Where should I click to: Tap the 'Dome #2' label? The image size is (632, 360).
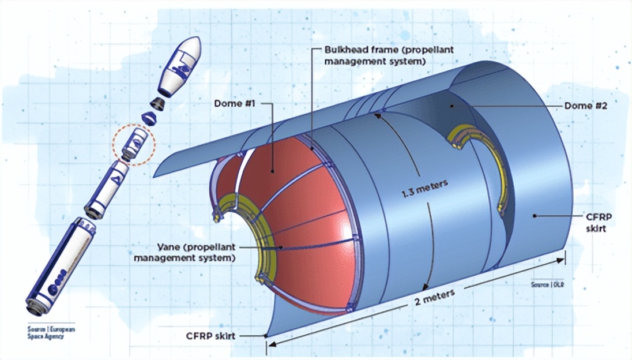[x=579, y=106]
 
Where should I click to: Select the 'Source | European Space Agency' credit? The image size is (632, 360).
[x=51, y=333]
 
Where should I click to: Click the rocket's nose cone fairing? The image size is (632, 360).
[x=183, y=66]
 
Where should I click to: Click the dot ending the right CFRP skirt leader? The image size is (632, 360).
[x=536, y=215]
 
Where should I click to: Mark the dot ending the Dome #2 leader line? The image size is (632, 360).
[x=452, y=106]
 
